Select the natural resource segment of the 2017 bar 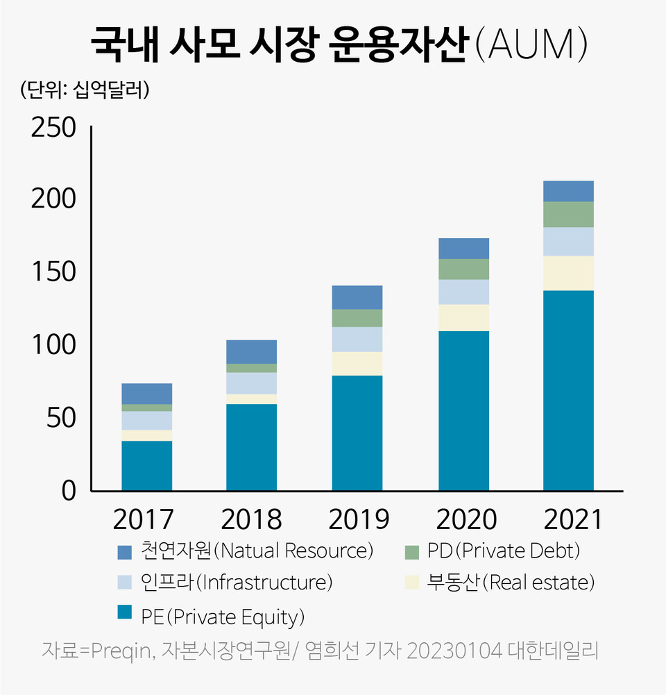[x=146, y=394]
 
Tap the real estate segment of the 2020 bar [x=463, y=317]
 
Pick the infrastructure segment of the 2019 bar [x=357, y=340]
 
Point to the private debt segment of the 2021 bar [x=568, y=215]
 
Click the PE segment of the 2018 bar [x=252, y=447]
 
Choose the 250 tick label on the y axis [x=53, y=128]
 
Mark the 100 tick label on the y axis [x=53, y=345]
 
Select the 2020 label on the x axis [x=463, y=519]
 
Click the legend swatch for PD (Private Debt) [x=412, y=553]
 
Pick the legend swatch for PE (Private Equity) [x=125, y=612]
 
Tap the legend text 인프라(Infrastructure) [x=237, y=582]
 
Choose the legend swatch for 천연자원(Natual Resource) [x=125, y=553]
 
